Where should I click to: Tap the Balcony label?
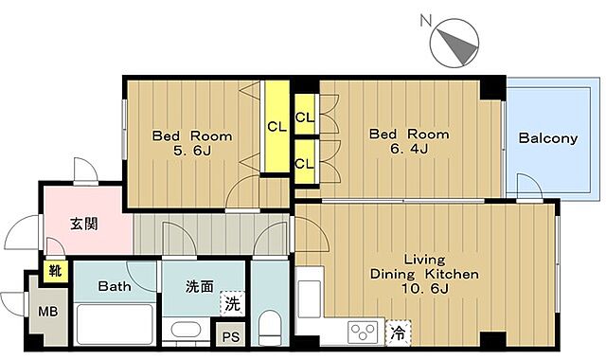click(x=547, y=138)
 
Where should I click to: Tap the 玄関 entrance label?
click(x=84, y=225)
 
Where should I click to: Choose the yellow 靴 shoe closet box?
click(x=54, y=272)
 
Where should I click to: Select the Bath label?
click(x=114, y=285)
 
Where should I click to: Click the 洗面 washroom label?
click(x=199, y=285)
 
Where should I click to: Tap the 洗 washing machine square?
click(x=231, y=305)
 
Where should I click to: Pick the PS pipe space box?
click(x=229, y=335)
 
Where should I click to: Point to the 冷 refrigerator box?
click(x=399, y=333)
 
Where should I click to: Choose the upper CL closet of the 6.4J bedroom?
click(x=305, y=117)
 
